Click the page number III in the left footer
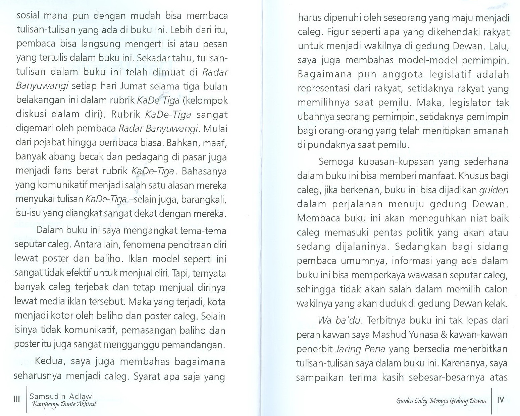(x=16, y=399)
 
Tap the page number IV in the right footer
(x=501, y=400)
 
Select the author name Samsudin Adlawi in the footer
(x=62, y=396)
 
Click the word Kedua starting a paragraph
(x=50, y=362)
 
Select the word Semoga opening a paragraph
(x=336, y=162)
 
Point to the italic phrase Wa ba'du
(x=339, y=321)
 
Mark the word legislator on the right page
(x=461, y=102)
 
